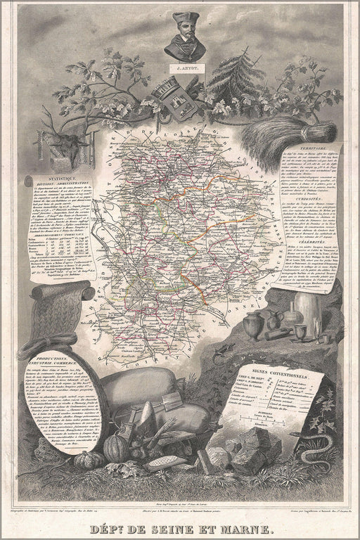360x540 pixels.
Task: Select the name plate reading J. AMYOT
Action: [184, 69]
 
